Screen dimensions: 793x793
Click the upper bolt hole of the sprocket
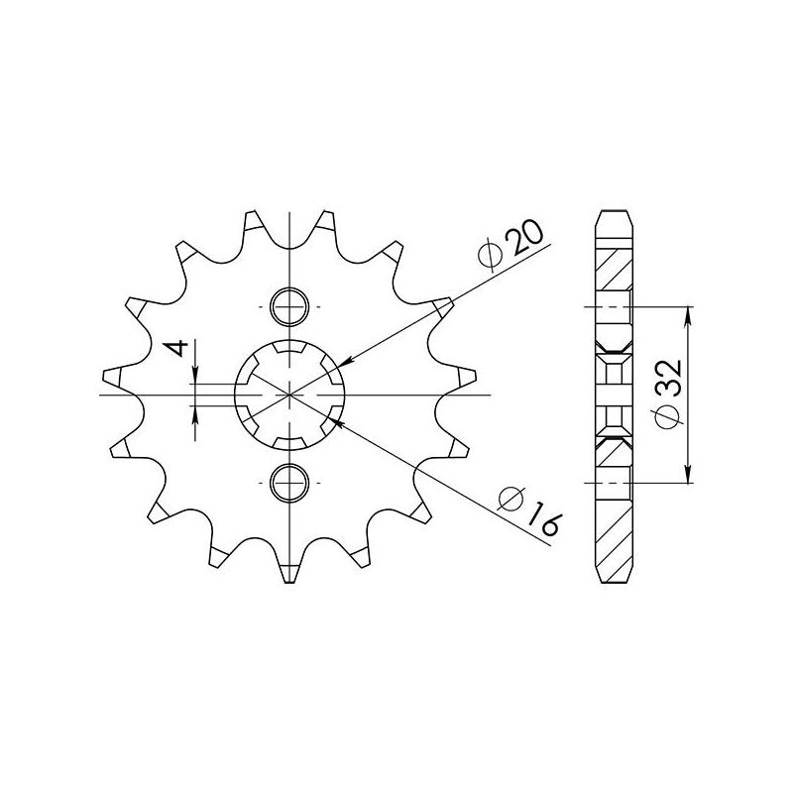289,306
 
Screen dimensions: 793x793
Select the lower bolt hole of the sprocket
289,481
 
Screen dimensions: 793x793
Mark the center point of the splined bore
289,395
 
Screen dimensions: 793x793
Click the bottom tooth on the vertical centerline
289,572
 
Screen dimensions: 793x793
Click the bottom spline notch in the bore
289,442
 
